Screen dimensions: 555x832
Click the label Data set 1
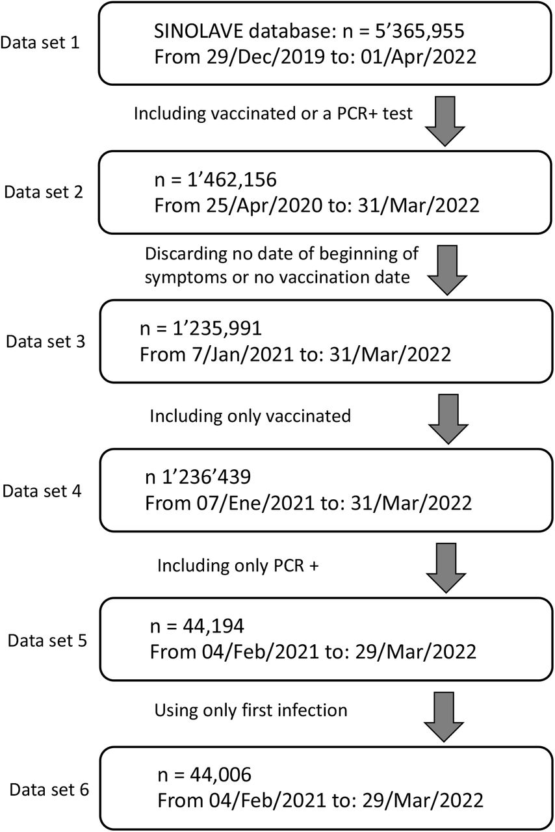[40, 43]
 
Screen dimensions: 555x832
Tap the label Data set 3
[45, 341]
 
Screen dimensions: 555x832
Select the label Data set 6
[49, 789]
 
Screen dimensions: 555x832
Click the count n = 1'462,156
[216, 179]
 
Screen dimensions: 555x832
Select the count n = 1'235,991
[201, 328]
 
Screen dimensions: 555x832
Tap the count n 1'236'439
[198, 476]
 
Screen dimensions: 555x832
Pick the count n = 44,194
[198, 626]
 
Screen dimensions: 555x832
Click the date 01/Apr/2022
[419, 57]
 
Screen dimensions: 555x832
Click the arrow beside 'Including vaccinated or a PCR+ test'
[445, 121]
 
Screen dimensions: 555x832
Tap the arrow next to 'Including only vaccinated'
[448, 419]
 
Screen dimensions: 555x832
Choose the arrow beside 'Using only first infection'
[445, 717]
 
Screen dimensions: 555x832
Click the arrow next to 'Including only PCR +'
[446, 568]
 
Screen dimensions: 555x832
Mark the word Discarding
[186, 254]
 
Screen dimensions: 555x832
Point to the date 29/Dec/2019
[266, 57]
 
